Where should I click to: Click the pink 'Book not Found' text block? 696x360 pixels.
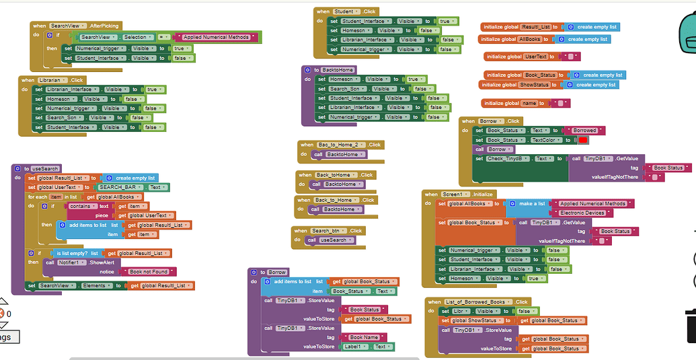(x=148, y=272)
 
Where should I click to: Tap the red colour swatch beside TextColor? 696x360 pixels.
(x=583, y=140)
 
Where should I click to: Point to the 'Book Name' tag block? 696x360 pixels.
(x=364, y=337)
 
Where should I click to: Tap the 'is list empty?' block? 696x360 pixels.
(x=73, y=253)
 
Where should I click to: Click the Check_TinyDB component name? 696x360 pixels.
(x=510, y=158)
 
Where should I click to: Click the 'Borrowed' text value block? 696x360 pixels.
(x=584, y=131)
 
